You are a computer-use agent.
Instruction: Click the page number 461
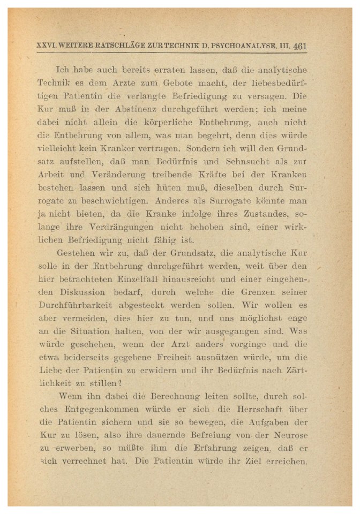pos(299,46)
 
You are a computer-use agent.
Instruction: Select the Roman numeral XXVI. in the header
pos(47,46)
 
